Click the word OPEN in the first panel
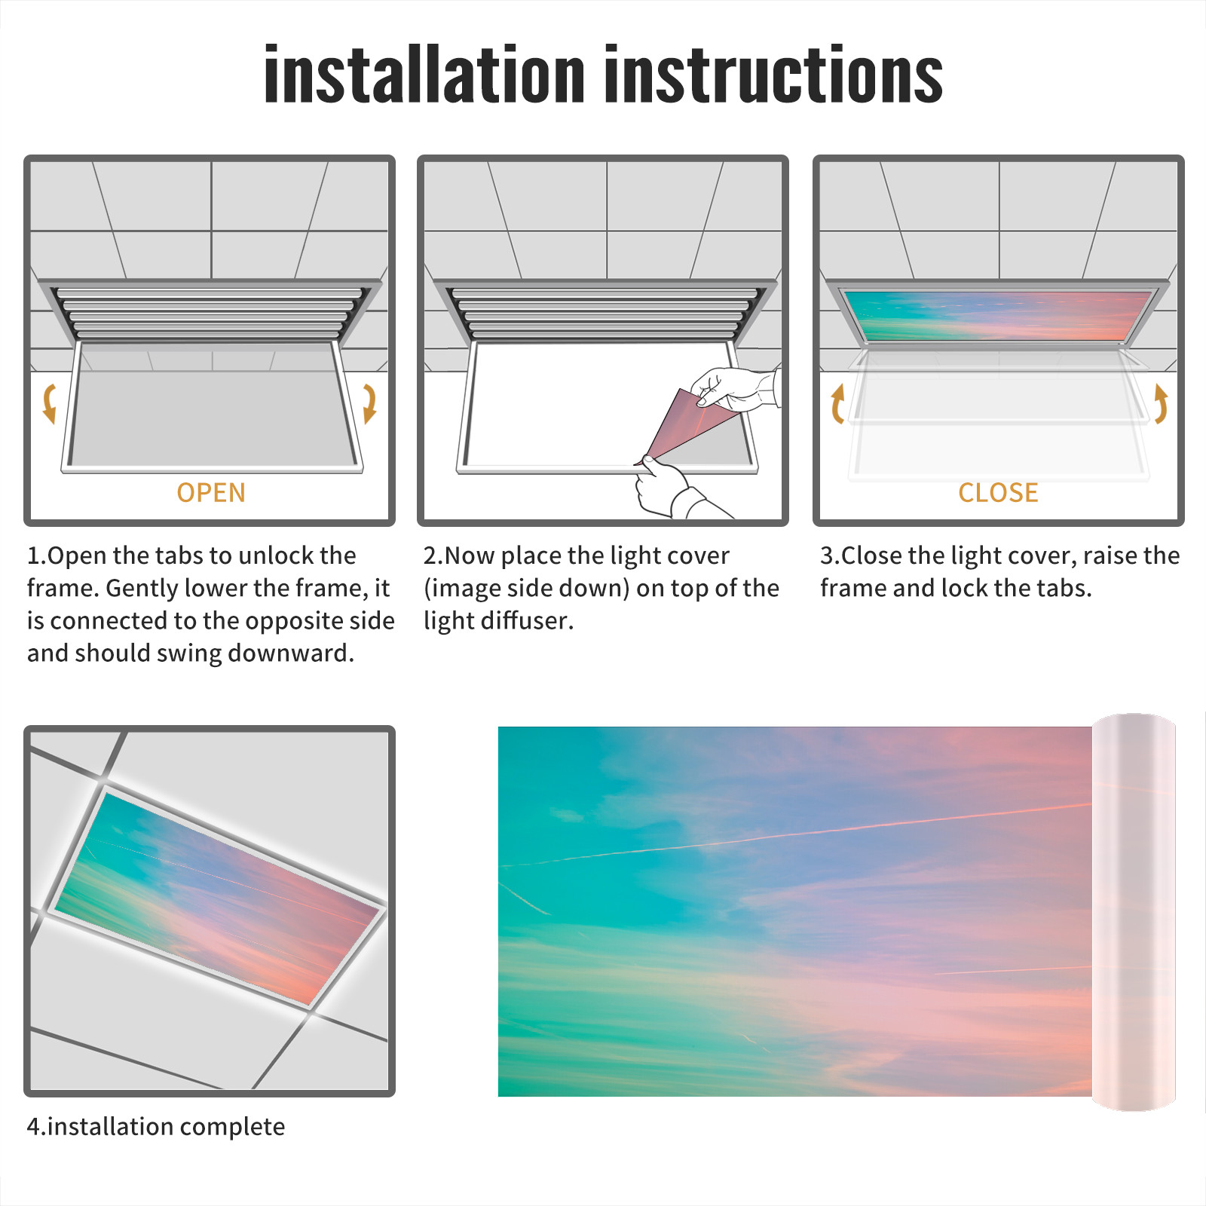point(211,493)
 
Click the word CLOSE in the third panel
point(998,493)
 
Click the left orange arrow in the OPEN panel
point(48,403)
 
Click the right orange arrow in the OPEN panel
point(370,403)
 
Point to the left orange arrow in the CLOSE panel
point(837,403)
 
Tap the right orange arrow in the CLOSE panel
point(1162,403)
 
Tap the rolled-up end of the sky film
point(1134,912)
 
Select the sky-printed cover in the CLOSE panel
point(998,316)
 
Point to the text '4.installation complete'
point(156,1126)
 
